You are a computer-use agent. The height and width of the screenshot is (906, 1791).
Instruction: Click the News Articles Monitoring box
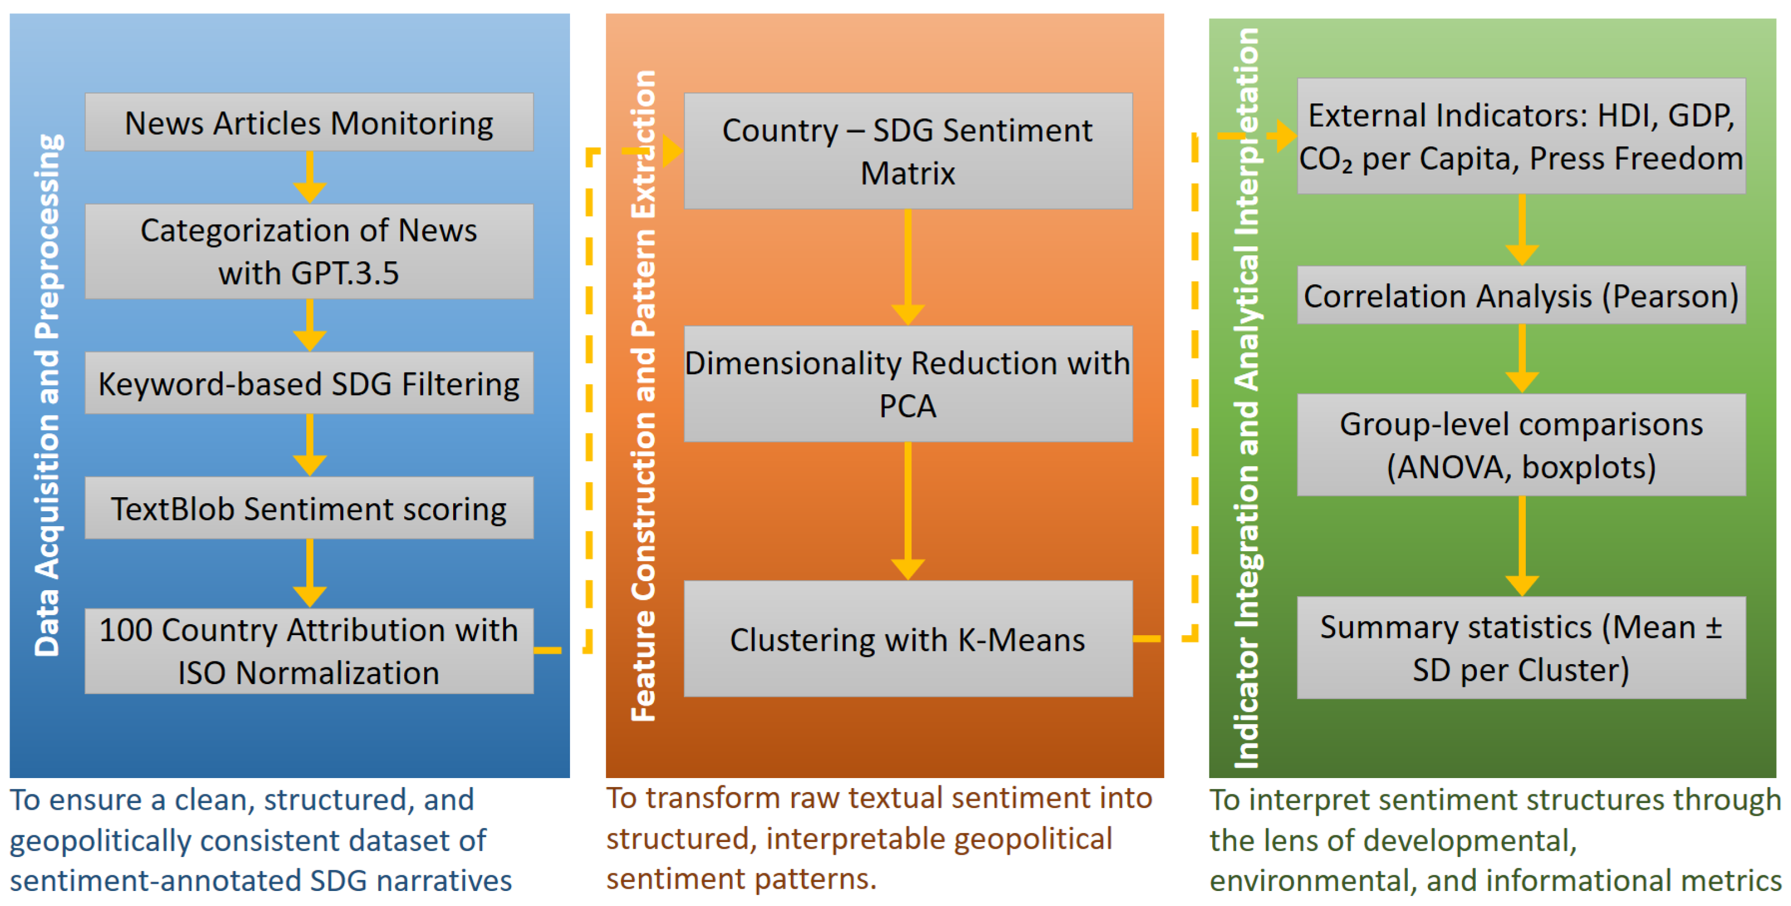(309, 122)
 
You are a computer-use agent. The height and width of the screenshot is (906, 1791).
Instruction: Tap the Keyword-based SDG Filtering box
(309, 383)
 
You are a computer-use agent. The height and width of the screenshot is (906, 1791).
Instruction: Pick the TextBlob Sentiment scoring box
(309, 508)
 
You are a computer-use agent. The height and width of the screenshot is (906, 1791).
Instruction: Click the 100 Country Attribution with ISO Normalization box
(309, 651)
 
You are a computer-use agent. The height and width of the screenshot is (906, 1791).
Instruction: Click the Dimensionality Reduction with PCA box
(907, 384)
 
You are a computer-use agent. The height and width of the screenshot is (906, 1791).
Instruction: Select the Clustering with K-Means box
(907, 639)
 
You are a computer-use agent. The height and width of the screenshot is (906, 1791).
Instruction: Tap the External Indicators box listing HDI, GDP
(1521, 136)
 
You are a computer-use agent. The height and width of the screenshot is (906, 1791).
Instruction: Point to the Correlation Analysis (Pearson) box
(1521, 295)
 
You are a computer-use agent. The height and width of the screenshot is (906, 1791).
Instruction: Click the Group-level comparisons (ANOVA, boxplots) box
(1521, 445)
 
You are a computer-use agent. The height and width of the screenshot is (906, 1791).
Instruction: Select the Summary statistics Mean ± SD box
(1521, 647)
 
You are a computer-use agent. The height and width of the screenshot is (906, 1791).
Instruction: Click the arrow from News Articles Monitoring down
(309, 177)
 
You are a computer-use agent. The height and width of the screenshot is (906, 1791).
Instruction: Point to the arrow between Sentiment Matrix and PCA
(907, 268)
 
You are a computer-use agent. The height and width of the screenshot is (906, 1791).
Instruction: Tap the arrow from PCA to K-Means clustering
(907, 511)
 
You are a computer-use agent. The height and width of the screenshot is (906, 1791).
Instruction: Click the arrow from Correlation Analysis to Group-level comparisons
(1521, 359)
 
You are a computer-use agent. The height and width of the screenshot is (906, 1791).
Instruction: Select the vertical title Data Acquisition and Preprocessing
(47, 395)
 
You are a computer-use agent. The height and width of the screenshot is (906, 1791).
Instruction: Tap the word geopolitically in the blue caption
(99, 840)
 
